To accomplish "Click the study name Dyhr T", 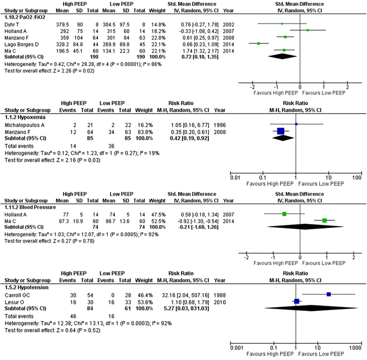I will (13, 23).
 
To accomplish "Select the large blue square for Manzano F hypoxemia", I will (280, 131).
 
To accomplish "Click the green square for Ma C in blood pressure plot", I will (324, 221).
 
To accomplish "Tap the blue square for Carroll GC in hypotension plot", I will (329, 294).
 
